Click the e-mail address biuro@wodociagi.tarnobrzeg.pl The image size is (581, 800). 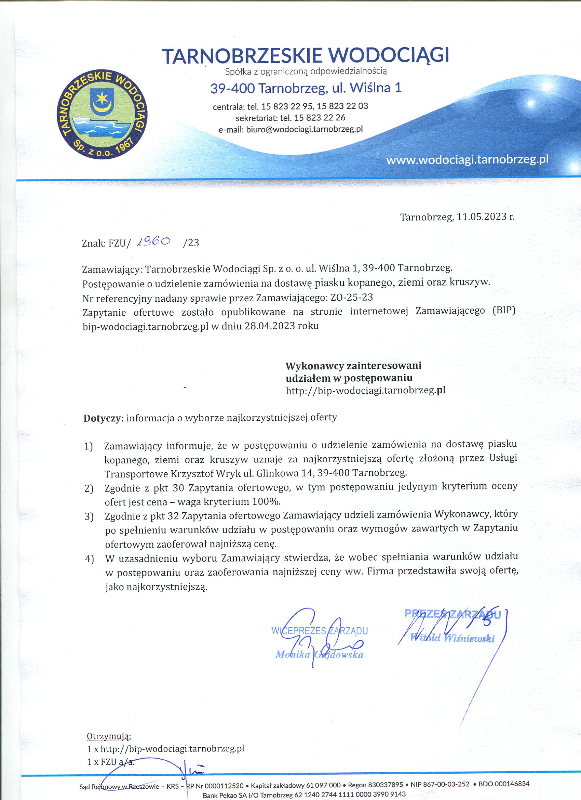click(304, 129)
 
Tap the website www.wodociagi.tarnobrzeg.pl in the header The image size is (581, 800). click(467, 160)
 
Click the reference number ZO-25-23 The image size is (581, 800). click(351, 297)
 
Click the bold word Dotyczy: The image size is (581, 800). click(103, 418)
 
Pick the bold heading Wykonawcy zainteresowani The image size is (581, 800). click(353, 365)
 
